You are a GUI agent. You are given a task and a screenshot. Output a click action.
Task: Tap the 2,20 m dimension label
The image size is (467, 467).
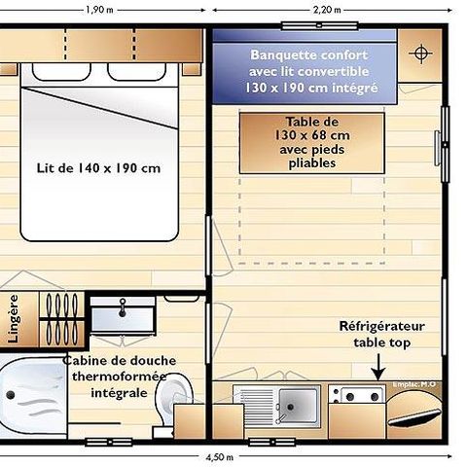pyautogui.click(x=327, y=10)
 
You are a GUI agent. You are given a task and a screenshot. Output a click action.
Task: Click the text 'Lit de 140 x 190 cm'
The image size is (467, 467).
pyautogui.click(x=98, y=167)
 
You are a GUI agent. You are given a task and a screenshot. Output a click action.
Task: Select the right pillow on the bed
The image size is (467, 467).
pyautogui.click(x=136, y=71)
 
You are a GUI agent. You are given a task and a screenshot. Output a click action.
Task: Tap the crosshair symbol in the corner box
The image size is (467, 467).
pyautogui.click(x=423, y=53)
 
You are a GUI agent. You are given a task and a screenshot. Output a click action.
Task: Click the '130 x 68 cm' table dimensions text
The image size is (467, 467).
pyautogui.click(x=310, y=135)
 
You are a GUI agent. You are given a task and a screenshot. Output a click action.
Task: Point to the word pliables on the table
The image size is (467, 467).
pyautogui.click(x=311, y=163)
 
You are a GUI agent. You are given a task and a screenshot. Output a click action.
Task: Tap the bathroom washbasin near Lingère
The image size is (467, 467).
pyautogui.click(x=122, y=316)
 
